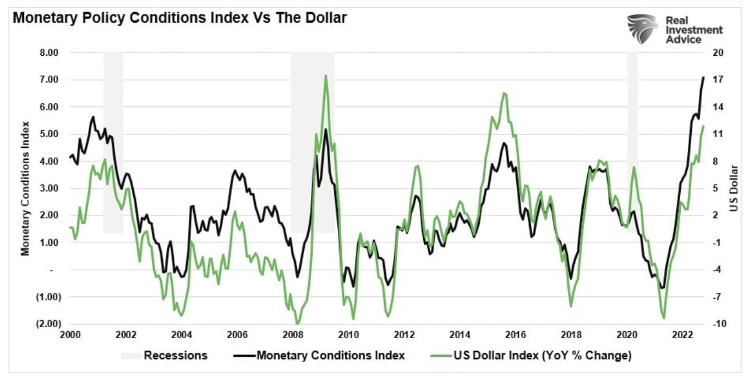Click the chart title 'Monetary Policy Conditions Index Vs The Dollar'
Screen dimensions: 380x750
pyautogui.click(x=180, y=18)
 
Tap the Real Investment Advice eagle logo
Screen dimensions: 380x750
pyautogui.click(x=642, y=29)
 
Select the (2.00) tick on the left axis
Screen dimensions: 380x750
pyautogui.click(x=50, y=324)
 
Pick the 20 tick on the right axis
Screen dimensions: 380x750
pyautogui.click(x=715, y=53)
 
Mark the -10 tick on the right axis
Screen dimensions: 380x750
pyautogui.click(x=715, y=324)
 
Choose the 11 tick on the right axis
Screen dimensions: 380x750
pyautogui.click(x=715, y=134)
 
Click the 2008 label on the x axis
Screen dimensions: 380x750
pyautogui.click(x=292, y=335)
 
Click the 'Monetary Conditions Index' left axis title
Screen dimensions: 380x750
pyautogui.click(x=26, y=188)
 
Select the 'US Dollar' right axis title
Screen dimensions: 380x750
pyautogui.click(x=734, y=188)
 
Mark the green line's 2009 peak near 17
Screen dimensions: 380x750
pyautogui.click(x=325, y=76)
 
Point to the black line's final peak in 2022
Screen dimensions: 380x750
pyautogui.click(x=703, y=77)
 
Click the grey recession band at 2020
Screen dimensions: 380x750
pyautogui.click(x=632, y=116)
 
